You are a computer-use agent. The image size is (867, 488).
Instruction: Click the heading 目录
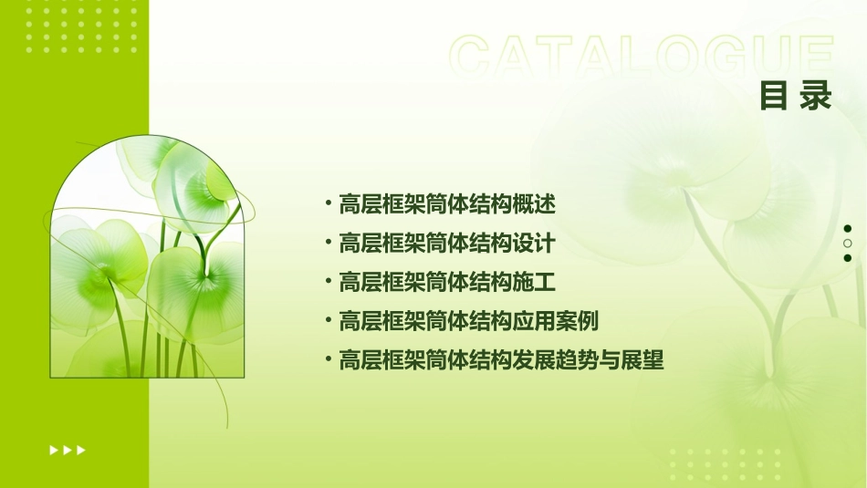796,95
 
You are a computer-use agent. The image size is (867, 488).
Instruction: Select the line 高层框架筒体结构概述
447,204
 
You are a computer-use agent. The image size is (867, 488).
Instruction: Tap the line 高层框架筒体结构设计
447,244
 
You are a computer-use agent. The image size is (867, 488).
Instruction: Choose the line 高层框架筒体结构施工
447,283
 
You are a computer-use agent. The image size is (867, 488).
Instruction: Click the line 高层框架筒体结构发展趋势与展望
501,360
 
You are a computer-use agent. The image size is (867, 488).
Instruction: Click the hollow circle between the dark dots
848,244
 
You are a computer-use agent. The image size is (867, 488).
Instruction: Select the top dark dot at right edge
848,229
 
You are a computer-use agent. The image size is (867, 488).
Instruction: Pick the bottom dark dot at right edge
848,258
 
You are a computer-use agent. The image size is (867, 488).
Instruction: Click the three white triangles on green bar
68,450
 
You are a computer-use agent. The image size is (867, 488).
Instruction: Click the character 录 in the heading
817,95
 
